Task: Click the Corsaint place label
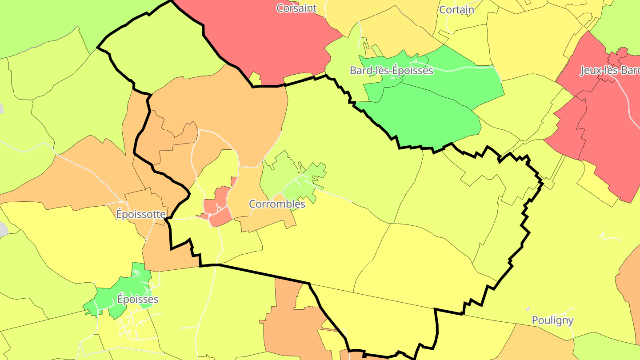click(x=296, y=8)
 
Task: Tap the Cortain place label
click(x=456, y=9)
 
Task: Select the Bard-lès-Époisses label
click(x=391, y=70)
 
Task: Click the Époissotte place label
click(x=140, y=214)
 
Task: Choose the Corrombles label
click(x=277, y=204)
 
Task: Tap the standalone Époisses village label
click(x=137, y=299)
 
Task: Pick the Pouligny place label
click(x=552, y=320)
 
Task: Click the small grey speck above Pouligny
click(x=528, y=309)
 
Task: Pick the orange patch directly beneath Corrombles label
click(x=267, y=220)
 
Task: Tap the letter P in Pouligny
click(x=535, y=320)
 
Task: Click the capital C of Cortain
click(x=443, y=9)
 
